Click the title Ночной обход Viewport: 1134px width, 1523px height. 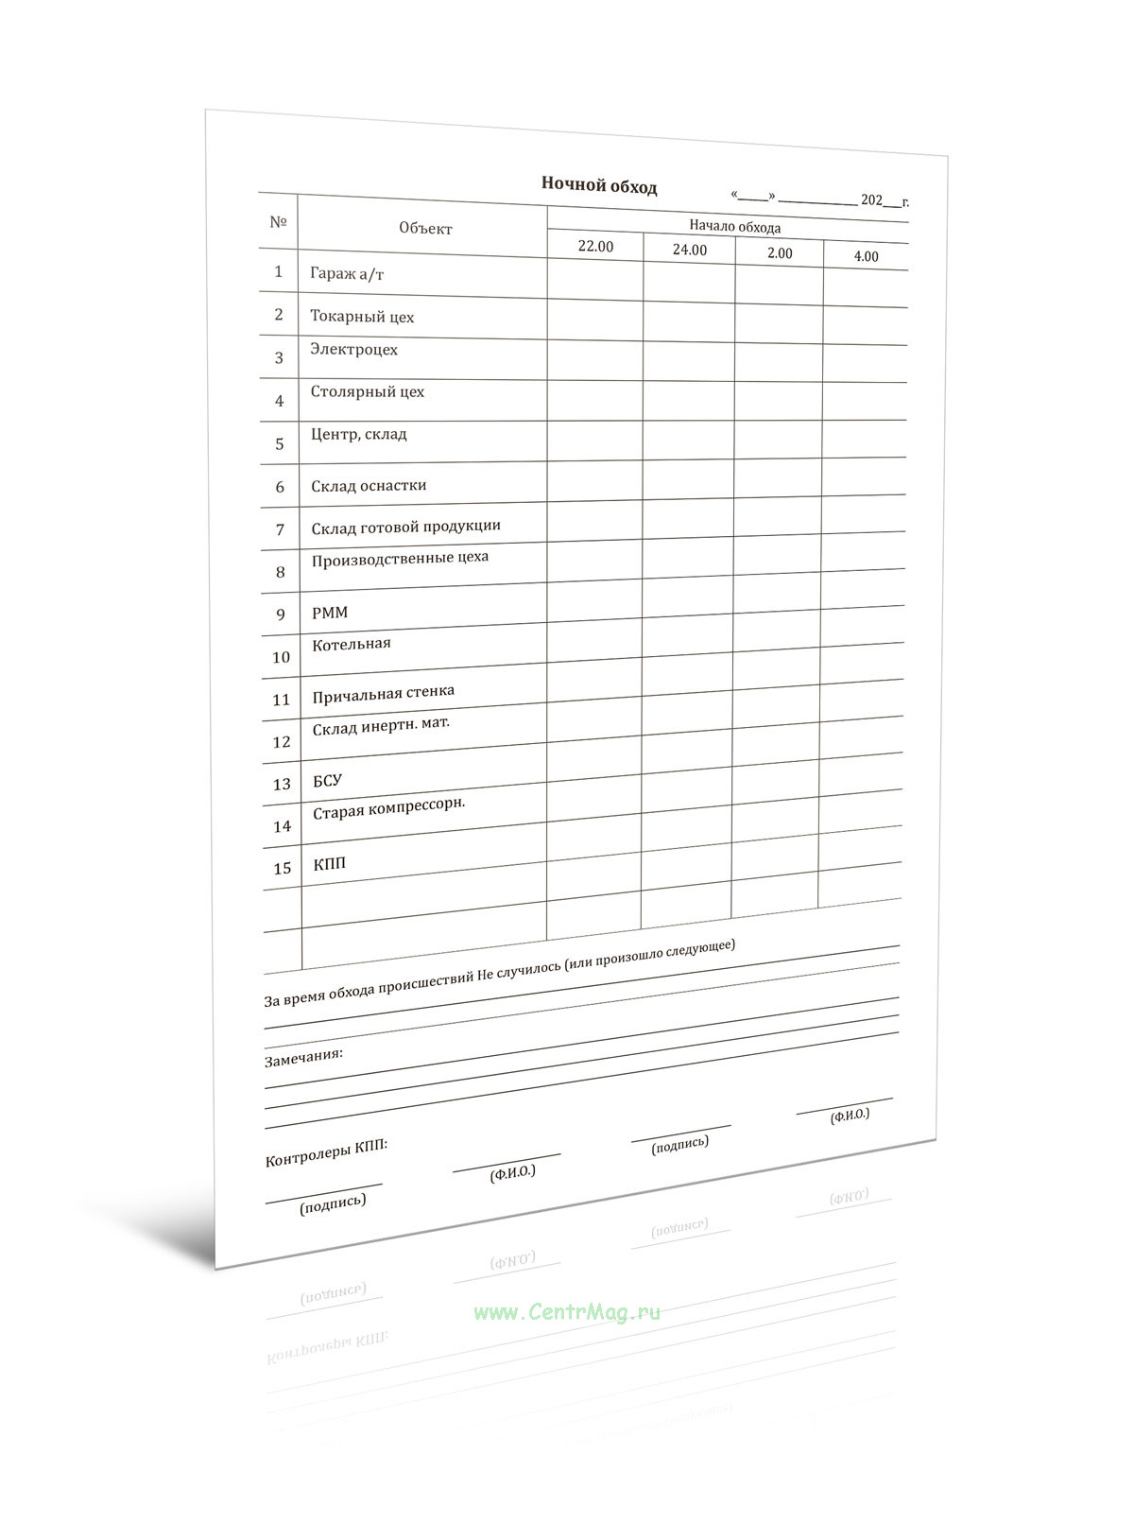598,185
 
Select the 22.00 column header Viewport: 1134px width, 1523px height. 595,247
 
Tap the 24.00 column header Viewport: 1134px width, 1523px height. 689,251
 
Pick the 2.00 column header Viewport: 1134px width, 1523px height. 780,253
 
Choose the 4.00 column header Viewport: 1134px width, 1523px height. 866,256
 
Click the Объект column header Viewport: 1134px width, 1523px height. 425,228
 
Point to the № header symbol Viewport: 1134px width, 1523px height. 278,222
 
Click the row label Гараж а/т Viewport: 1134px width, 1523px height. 347,274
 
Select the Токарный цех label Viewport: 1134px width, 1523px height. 362,317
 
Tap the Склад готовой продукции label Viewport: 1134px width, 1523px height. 405,527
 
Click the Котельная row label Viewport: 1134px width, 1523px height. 351,645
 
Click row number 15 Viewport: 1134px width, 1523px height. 282,868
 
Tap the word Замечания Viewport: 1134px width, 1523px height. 303,1056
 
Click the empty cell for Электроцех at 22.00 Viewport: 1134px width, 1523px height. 595,359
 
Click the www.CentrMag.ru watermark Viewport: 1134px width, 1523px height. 567,1312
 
